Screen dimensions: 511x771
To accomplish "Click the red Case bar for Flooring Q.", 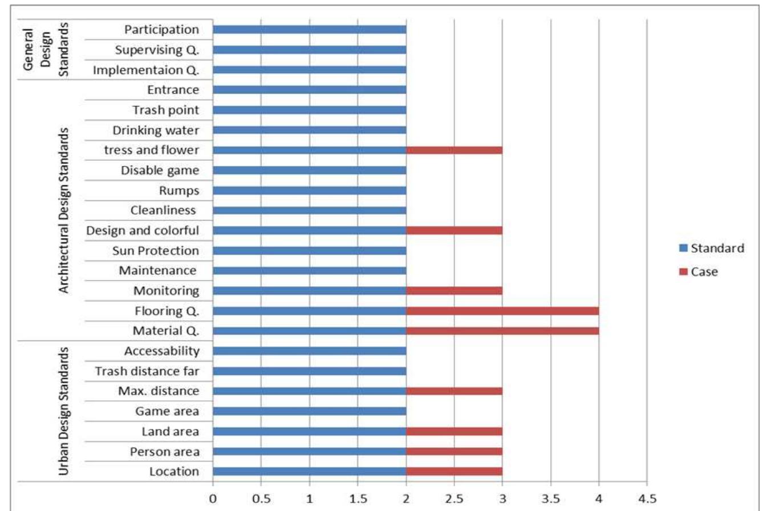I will point(502,311).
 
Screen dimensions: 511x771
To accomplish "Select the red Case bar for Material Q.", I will point(502,331).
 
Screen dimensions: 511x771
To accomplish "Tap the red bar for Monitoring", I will point(454,291).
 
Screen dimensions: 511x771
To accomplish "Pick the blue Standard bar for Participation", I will point(309,30).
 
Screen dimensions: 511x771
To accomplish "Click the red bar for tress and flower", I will point(454,150).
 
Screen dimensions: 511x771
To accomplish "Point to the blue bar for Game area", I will point(309,411).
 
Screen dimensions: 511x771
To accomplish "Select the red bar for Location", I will point(454,472).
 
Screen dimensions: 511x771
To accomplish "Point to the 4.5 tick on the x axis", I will point(647,498).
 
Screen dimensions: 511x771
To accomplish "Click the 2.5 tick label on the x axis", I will point(454,498).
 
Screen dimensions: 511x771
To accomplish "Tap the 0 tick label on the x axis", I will point(213,498).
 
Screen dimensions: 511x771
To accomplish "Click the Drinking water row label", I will point(156,131).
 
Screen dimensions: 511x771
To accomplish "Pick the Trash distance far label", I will point(147,371).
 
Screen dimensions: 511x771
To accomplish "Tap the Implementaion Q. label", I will point(146,70).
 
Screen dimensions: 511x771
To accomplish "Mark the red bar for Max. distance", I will point(454,391).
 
